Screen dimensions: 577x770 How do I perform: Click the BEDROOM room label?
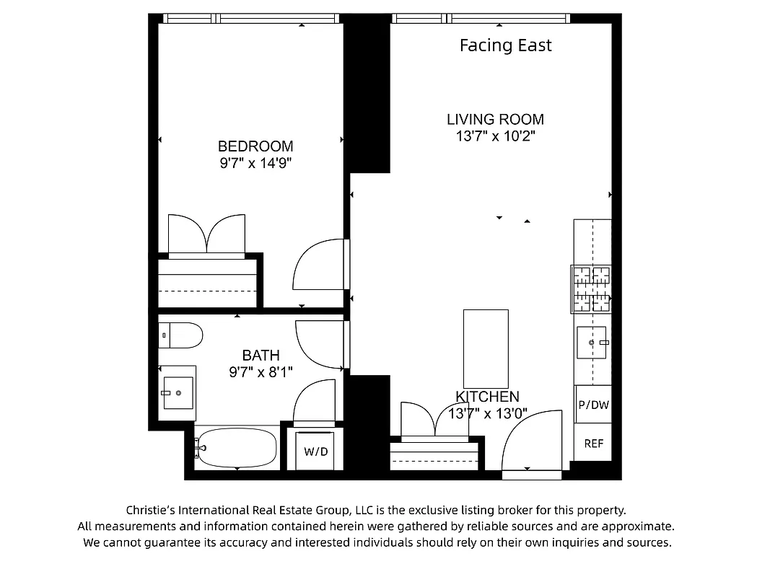pyautogui.click(x=255, y=146)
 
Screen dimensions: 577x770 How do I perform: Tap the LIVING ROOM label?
pyautogui.click(x=495, y=120)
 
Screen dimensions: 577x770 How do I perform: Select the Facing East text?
pyautogui.click(x=505, y=45)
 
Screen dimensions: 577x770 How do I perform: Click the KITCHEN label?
pyautogui.click(x=488, y=397)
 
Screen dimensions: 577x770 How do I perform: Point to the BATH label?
pyautogui.click(x=261, y=356)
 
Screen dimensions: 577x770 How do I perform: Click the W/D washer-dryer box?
pyautogui.click(x=315, y=452)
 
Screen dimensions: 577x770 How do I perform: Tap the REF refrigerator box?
pyautogui.click(x=593, y=444)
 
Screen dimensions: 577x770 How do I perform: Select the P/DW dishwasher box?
pyautogui.click(x=593, y=405)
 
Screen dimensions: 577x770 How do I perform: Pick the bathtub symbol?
pyautogui.click(x=237, y=448)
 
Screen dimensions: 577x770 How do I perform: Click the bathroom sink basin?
pyautogui.click(x=178, y=392)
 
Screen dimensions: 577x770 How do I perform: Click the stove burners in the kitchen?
pyautogui.click(x=591, y=289)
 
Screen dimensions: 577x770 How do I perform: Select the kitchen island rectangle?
pyautogui.click(x=486, y=348)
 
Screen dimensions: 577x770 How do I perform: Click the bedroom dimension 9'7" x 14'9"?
pyautogui.click(x=255, y=164)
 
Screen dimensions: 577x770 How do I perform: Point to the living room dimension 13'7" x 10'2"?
pyautogui.click(x=495, y=136)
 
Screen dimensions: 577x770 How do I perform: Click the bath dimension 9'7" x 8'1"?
pyautogui.click(x=261, y=372)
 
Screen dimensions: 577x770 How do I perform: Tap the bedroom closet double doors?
pyautogui.click(x=206, y=234)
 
